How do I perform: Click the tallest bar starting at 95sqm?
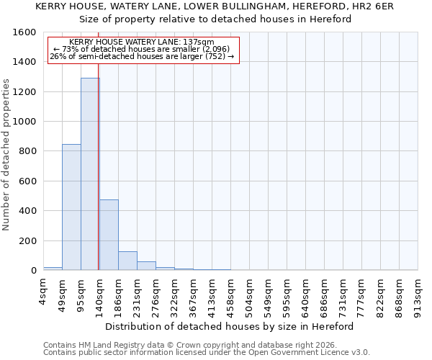(90, 174)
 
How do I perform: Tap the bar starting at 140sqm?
(109, 235)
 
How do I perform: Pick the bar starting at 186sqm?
(127, 261)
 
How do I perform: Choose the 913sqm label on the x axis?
(418, 294)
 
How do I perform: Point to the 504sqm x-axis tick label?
(249, 294)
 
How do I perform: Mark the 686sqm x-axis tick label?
(324, 294)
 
